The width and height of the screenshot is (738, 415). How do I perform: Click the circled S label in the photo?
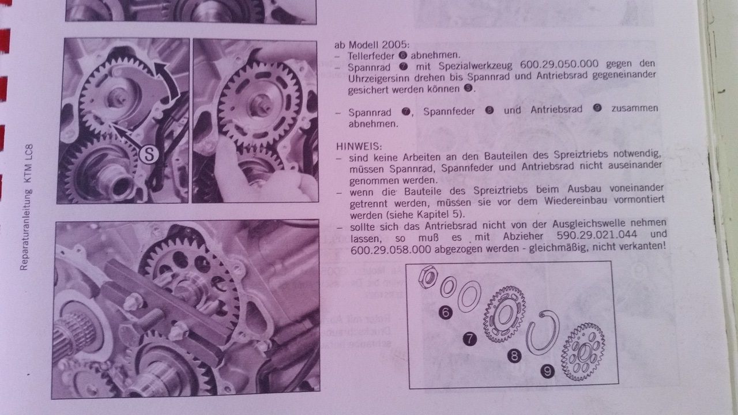pyautogui.click(x=149, y=154)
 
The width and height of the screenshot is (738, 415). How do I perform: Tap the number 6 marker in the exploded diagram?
pyautogui.click(x=446, y=312)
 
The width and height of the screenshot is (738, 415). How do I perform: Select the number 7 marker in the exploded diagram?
pyautogui.click(x=469, y=338)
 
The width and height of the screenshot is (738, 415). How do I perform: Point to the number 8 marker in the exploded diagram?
pyautogui.click(x=514, y=356)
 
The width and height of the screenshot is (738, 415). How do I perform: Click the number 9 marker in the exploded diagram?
pyautogui.click(x=547, y=372)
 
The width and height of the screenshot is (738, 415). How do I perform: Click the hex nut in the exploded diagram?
pyautogui.click(x=428, y=277)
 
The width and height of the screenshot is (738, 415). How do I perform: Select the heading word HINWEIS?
pyautogui.click(x=359, y=146)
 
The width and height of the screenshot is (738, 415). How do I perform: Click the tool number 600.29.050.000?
pyautogui.click(x=559, y=64)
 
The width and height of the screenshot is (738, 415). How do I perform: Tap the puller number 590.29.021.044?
pyautogui.click(x=597, y=235)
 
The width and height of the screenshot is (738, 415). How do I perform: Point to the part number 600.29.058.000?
pyautogui.click(x=391, y=250)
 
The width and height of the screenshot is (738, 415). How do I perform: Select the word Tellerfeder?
pyautogui.click(x=371, y=56)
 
